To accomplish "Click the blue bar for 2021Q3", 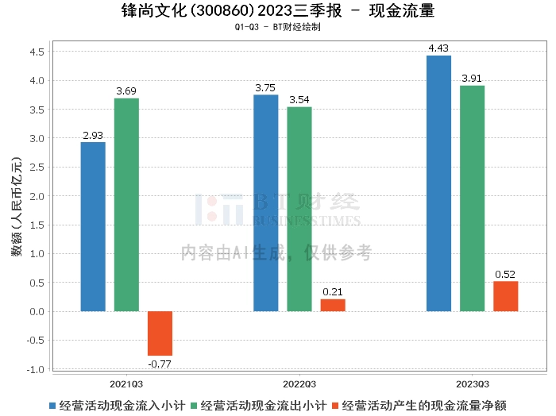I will pos(93,226).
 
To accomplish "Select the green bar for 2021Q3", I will pos(126,205).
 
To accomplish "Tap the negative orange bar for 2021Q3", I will pos(160,333).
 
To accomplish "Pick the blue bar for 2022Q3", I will pos(266,202).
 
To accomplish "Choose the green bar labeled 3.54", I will pos(299,209).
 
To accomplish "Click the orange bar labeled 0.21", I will pos(333,305).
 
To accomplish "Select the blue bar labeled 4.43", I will pos(438,183).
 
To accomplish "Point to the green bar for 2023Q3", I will pos(472,198).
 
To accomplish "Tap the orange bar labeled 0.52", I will pos(505,296).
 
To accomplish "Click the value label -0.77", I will pos(160,364).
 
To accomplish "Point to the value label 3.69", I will pos(126,91).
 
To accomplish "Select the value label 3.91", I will pos(472,79).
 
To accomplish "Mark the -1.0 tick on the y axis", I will pos(35,369).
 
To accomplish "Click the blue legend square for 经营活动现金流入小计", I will pos(52,405).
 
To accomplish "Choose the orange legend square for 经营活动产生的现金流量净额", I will pos(336,405).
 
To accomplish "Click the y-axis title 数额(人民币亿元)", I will pos(16,210).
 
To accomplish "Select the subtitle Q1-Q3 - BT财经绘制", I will pos(277,27).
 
